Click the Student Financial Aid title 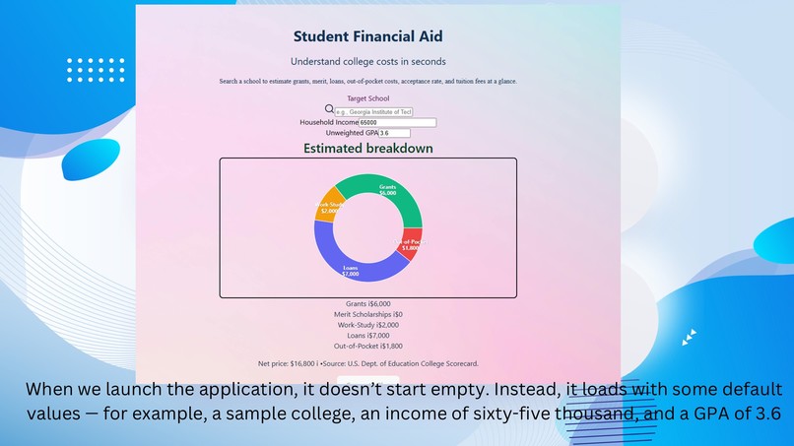(367, 36)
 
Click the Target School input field (373, 111)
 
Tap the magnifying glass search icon (330, 109)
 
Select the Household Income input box (398, 122)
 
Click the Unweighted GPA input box (394, 133)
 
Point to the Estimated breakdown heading (367, 149)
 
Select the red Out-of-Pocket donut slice (411, 244)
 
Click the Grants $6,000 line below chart (367, 304)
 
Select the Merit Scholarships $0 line (367, 314)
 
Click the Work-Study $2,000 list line (367, 325)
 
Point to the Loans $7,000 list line (367, 336)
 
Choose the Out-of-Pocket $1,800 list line (367, 346)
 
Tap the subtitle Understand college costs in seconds (367, 62)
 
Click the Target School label (367, 98)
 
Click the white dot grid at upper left (96, 70)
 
